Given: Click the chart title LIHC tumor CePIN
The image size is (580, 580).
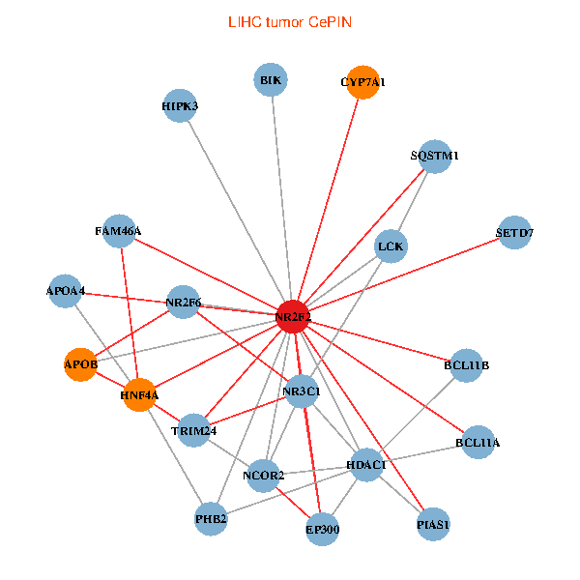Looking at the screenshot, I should pyautogui.click(x=289, y=21).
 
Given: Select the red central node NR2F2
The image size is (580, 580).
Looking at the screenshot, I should pyautogui.click(x=293, y=317).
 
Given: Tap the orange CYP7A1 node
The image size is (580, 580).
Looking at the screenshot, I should pyautogui.click(x=362, y=82).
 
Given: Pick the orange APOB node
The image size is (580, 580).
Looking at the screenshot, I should pyautogui.click(x=81, y=364).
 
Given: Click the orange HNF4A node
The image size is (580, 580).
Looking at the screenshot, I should pyautogui.click(x=140, y=394).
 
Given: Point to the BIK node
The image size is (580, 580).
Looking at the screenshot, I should pyautogui.click(x=271, y=80).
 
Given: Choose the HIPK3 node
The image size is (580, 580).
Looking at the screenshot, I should pyautogui.click(x=180, y=106).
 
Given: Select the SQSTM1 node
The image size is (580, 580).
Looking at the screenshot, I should pyautogui.click(x=435, y=156).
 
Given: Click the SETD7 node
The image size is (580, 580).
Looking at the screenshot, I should pyautogui.click(x=515, y=233).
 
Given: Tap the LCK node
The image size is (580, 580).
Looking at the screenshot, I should pyautogui.click(x=391, y=246).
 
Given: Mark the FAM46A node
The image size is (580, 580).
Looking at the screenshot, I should pyautogui.click(x=118, y=231).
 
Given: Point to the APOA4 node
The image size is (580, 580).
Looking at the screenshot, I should pyautogui.click(x=66, y=291).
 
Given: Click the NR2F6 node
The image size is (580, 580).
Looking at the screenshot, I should pyautogui.click(x=184, y=303).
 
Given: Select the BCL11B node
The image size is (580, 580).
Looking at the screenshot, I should pyautogui.click(x=467, y=365).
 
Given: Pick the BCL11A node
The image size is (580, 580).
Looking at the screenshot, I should pyautogui.click(x=478, y=443).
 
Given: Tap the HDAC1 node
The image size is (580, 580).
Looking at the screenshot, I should pyautogui.click(x=366, y=465).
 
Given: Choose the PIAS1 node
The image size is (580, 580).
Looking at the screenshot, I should pyautogui.click(x=433, y=525).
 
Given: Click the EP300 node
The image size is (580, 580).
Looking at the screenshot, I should pyautogui.click(x=322, y=529).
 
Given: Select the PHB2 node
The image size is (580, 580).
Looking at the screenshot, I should pyautogui.click(x=211, y=519).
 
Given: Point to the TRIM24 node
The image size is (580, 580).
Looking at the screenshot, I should pyautogui.click(x=194, y=429).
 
